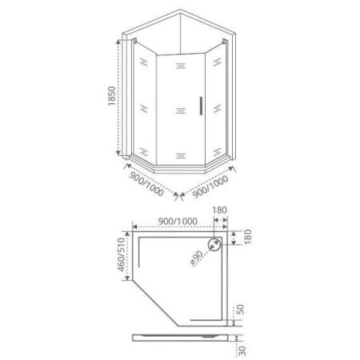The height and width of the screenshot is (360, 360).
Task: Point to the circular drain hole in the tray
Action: pyautogui.click(x=216, y=246)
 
